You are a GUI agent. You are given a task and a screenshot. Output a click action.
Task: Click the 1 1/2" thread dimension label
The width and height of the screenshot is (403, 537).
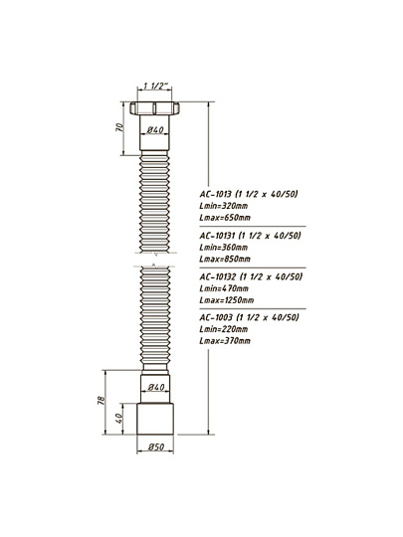(x=155, y=86)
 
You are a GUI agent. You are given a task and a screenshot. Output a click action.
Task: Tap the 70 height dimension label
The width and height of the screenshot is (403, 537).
(x=119, y=127)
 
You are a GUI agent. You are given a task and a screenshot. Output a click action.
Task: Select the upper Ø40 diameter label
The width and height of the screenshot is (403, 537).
(x=155, y=130)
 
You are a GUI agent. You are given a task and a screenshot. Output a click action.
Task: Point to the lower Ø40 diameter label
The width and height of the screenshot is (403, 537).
(x=156, y=387)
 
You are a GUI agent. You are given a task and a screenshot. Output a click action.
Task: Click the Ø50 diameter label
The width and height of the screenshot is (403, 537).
(x=156, y=447)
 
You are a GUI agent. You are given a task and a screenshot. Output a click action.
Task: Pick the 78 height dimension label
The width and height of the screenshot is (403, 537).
(x=101, y=401)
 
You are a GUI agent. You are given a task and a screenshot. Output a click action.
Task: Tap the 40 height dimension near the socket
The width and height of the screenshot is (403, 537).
(x=119, y=418)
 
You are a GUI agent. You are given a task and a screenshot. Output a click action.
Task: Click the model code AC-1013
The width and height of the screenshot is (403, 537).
(x=216, y=194)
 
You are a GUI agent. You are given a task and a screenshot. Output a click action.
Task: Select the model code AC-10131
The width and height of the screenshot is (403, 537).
(x=217, y=236)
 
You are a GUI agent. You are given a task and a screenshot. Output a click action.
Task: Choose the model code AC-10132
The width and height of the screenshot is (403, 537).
(x=218, y=276)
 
